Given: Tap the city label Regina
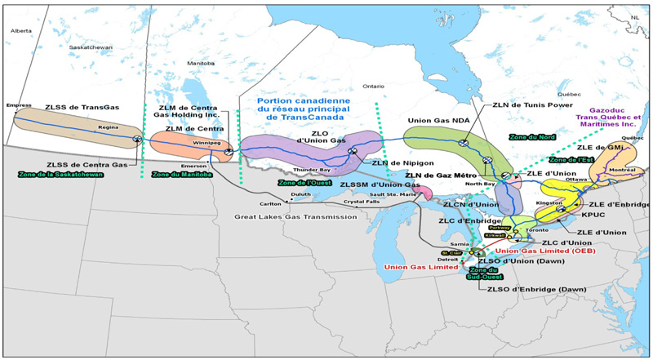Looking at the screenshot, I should [109, 127].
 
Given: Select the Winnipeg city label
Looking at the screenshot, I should [207, 142].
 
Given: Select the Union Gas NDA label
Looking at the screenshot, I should [438, 121].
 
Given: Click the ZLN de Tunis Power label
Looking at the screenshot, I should [540, 105].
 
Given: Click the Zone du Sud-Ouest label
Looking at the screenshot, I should [484, 273].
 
